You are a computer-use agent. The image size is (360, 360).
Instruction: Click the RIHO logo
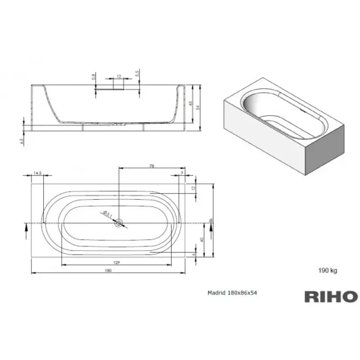tap(331, 297)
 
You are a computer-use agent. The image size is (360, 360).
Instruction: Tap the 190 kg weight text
tap(327, 270)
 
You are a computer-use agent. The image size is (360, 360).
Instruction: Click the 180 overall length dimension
tap(108, 270)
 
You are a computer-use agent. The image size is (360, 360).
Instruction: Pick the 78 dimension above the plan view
tap(152, 166)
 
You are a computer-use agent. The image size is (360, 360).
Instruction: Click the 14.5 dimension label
tap(38, 173)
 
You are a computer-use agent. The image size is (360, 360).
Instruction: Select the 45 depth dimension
tap(190, 103)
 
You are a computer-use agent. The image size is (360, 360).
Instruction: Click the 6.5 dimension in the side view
tap(22, 141)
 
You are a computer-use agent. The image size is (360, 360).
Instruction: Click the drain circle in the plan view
tap(119, 223)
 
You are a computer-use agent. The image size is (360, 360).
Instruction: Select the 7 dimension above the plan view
tap(181, 173)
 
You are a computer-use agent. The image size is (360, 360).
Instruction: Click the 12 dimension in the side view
tap(118, 76)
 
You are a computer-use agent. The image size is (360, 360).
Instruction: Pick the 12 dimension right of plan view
tap(193, 188)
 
